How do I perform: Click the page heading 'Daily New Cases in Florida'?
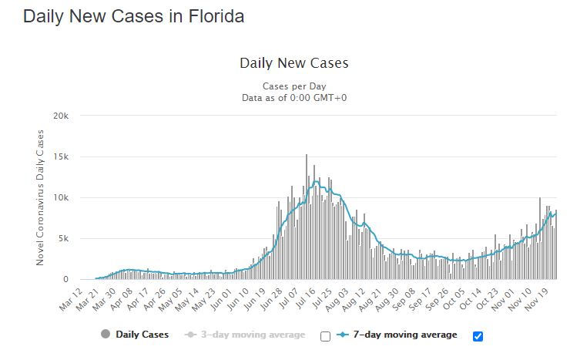(133, 16)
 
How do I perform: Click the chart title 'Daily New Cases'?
(294, 63)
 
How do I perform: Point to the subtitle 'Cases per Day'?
(294, 86)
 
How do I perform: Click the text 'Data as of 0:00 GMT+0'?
(294, 98)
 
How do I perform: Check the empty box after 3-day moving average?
(325, 336)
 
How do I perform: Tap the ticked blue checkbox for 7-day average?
(477, 336)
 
